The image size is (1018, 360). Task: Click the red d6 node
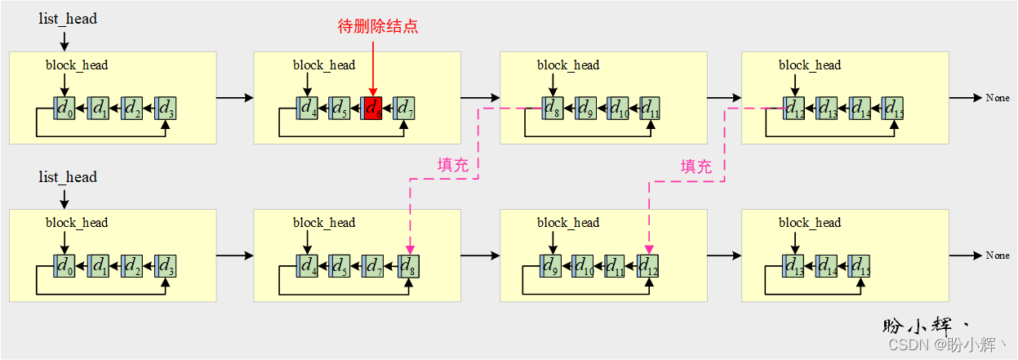(x=372, y=107)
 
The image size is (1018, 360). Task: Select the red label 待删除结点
(x=377, y=26)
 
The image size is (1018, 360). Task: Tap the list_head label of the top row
(x=68, y=18)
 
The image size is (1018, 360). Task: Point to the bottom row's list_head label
(x=68, y=177)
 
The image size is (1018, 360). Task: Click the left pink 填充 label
(x=453, y=165)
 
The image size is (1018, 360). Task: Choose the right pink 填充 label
(x=696, y=167)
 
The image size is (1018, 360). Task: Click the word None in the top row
(x=997, y=98)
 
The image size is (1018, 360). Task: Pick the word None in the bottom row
(x=997, y=256)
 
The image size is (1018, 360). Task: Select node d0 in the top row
(x=64, y=107)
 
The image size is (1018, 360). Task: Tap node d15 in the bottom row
(x=858, y=265)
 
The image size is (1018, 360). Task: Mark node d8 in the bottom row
(x=407, y=265)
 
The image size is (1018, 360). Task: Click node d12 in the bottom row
(x=648, y=265)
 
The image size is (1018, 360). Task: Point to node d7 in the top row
(x=404, y=107)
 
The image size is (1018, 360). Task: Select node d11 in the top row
(x=649, y=107)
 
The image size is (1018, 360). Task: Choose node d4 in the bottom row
(x=308, y=265)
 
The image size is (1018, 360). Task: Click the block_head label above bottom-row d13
(x=809, y=223)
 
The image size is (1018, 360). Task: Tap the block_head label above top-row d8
(x=567, y=65)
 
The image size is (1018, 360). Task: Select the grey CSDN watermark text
(x=948, y=345)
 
